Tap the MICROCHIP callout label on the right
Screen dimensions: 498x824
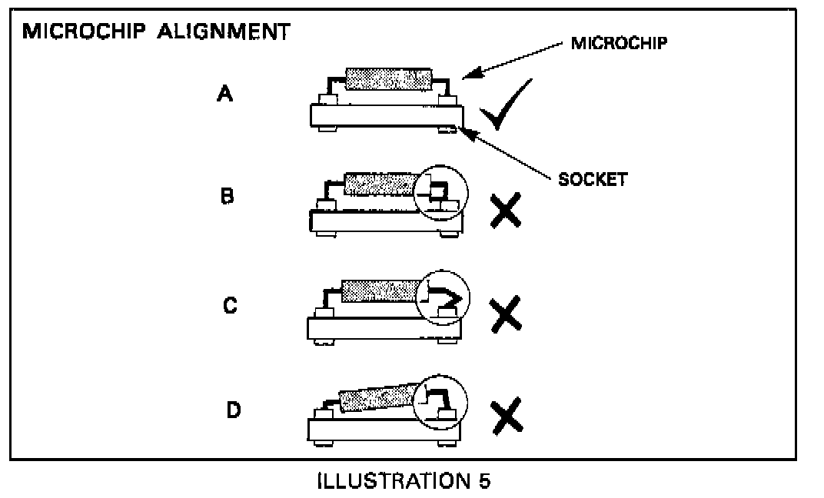click(619, 43)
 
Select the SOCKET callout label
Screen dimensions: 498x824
click(592, 180)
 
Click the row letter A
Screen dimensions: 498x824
click(224, 95)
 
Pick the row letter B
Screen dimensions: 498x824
click(228, 196)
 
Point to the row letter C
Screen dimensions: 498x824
click(230, 306)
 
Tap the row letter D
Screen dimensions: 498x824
click(233, 410)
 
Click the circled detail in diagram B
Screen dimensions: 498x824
click(440, 192)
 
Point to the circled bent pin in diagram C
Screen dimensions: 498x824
click(441, 296)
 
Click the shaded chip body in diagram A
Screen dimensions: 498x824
click(388, 78)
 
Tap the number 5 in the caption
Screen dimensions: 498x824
click(483, 481)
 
